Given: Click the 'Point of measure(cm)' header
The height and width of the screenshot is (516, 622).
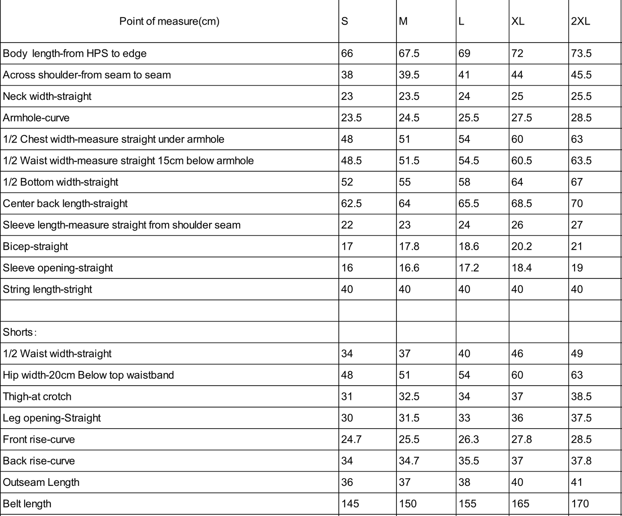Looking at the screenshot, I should pos(169,21).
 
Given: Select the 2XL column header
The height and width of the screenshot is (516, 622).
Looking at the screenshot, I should pos(580,21).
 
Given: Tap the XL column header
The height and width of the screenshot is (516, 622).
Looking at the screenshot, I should pos(518,21).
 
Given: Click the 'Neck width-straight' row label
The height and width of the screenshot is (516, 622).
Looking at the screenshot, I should pos(47,96).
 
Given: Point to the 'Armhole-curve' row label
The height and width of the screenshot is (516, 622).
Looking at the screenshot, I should pos(36,117).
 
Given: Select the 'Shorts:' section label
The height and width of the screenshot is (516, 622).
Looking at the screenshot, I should pos(20,332).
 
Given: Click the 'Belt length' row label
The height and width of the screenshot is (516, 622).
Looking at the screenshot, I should pos(27,504).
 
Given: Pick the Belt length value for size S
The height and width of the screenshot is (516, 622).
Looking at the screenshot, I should pos(350,504).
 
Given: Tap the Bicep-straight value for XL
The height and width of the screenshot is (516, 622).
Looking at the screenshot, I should pos(522,246).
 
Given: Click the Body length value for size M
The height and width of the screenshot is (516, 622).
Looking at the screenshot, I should pos(409,53).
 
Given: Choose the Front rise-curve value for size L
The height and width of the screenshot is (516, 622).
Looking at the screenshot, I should pos(469,439).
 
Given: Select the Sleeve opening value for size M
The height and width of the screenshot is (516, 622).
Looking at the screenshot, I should pos(409,268).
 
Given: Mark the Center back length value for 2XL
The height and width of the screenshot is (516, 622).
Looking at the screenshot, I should pos(577,203).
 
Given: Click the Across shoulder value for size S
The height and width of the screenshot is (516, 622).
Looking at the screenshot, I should pos(347,75).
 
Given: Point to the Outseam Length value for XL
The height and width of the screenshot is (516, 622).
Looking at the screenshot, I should pos(517,482).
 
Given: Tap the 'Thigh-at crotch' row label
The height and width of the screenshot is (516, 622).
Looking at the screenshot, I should pos(37,396).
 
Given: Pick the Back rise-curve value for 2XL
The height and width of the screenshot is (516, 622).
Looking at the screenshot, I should pos(581,461).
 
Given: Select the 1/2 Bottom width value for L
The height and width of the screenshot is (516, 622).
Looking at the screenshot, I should pos(464,182).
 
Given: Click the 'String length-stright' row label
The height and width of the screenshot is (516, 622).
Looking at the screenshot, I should pos(47,289).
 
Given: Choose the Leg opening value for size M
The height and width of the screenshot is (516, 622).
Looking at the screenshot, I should pos(409,418).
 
